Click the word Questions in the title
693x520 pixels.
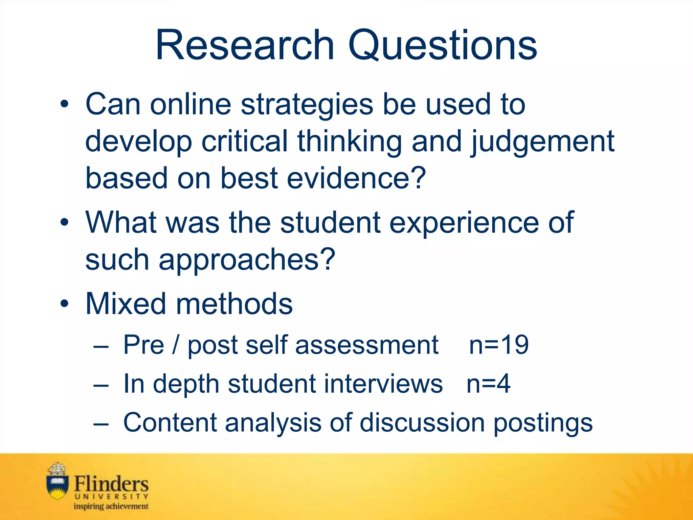(443, 46)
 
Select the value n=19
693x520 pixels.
(499, 345)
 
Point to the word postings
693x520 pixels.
(543, 423)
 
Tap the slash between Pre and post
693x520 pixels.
(175, 345)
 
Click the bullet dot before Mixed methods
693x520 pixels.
(64, 304)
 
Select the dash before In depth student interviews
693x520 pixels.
(101, 385)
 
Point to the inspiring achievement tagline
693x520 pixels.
(111, 506)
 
